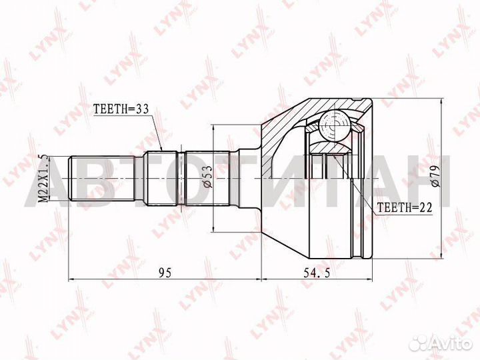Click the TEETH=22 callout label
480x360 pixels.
pyautogui.click(x=405, y=207)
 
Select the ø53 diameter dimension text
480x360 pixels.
pyautogui.click(x=207, y=178)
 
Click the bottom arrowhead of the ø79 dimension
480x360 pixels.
pyautogui.click(x=442, y=256)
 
